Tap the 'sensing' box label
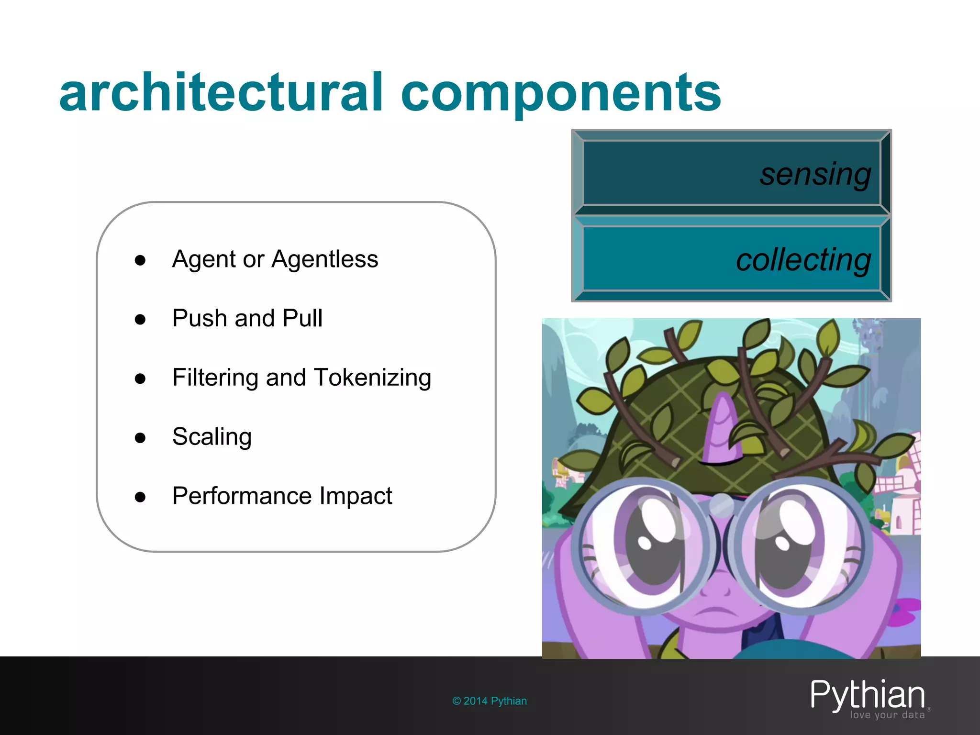click(x=815, y=174)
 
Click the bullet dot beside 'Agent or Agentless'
click(x=140, y=260)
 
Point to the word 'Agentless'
click(x=325, y=259)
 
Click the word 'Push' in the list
click(x=200, y=318)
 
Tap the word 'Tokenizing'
click(x=372, y=378)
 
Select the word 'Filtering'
click(x=215, y=378)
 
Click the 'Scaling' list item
click(x=212, y=436)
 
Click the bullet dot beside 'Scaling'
click(x=140, y=438)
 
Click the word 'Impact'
click(x=356, y=496)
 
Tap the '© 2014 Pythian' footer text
click(x=490, y=701)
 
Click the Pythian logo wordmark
click(x=867, y=694)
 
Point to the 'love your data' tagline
click(x=887, y=715)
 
